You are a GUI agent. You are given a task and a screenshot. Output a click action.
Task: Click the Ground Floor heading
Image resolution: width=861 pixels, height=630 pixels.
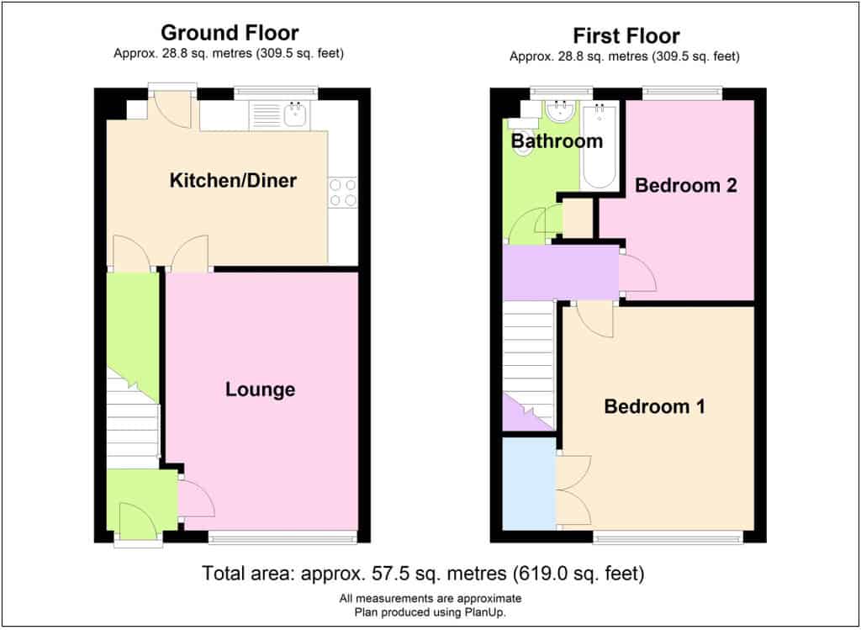(x=230, y=33)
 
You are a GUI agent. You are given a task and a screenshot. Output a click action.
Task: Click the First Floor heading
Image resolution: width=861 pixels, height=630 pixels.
(x=626, y=36)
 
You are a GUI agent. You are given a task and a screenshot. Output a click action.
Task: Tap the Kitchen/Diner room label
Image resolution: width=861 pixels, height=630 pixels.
(x=233, y=180)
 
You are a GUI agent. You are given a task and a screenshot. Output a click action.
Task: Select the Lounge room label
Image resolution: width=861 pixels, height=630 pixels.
(x=261, y=389)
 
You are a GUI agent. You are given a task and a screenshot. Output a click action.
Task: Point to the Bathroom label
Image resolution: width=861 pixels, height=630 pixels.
(x=557, y=141)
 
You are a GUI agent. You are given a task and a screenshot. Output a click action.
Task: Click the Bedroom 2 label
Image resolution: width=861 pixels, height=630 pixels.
(x=686, y=185)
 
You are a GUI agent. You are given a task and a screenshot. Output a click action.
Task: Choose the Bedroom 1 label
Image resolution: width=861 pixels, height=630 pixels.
(x=654, y=406)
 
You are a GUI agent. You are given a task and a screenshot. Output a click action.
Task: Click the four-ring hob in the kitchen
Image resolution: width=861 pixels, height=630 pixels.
(x=343, y=193)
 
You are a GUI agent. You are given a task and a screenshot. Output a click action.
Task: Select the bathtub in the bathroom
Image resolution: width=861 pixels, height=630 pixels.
(x=600, y=145)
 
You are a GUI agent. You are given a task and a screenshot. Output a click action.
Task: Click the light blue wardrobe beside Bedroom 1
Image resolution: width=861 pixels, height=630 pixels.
(x=530, y=484)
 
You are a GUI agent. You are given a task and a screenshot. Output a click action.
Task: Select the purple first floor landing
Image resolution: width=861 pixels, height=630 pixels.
(x=561, y=273)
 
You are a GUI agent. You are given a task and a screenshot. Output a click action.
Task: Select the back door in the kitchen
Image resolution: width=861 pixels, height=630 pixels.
(x=172, y=110)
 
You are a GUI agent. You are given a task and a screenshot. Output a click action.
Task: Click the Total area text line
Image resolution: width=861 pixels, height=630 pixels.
(x=423, y=574)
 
